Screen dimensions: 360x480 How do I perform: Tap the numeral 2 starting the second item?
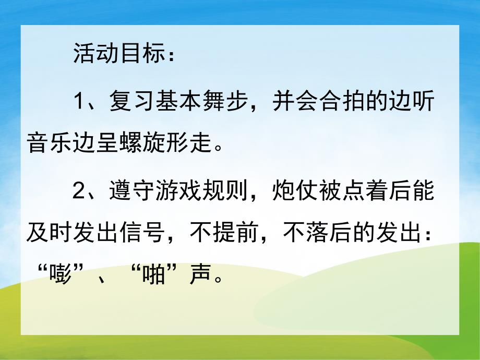(x=78, y=191)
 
